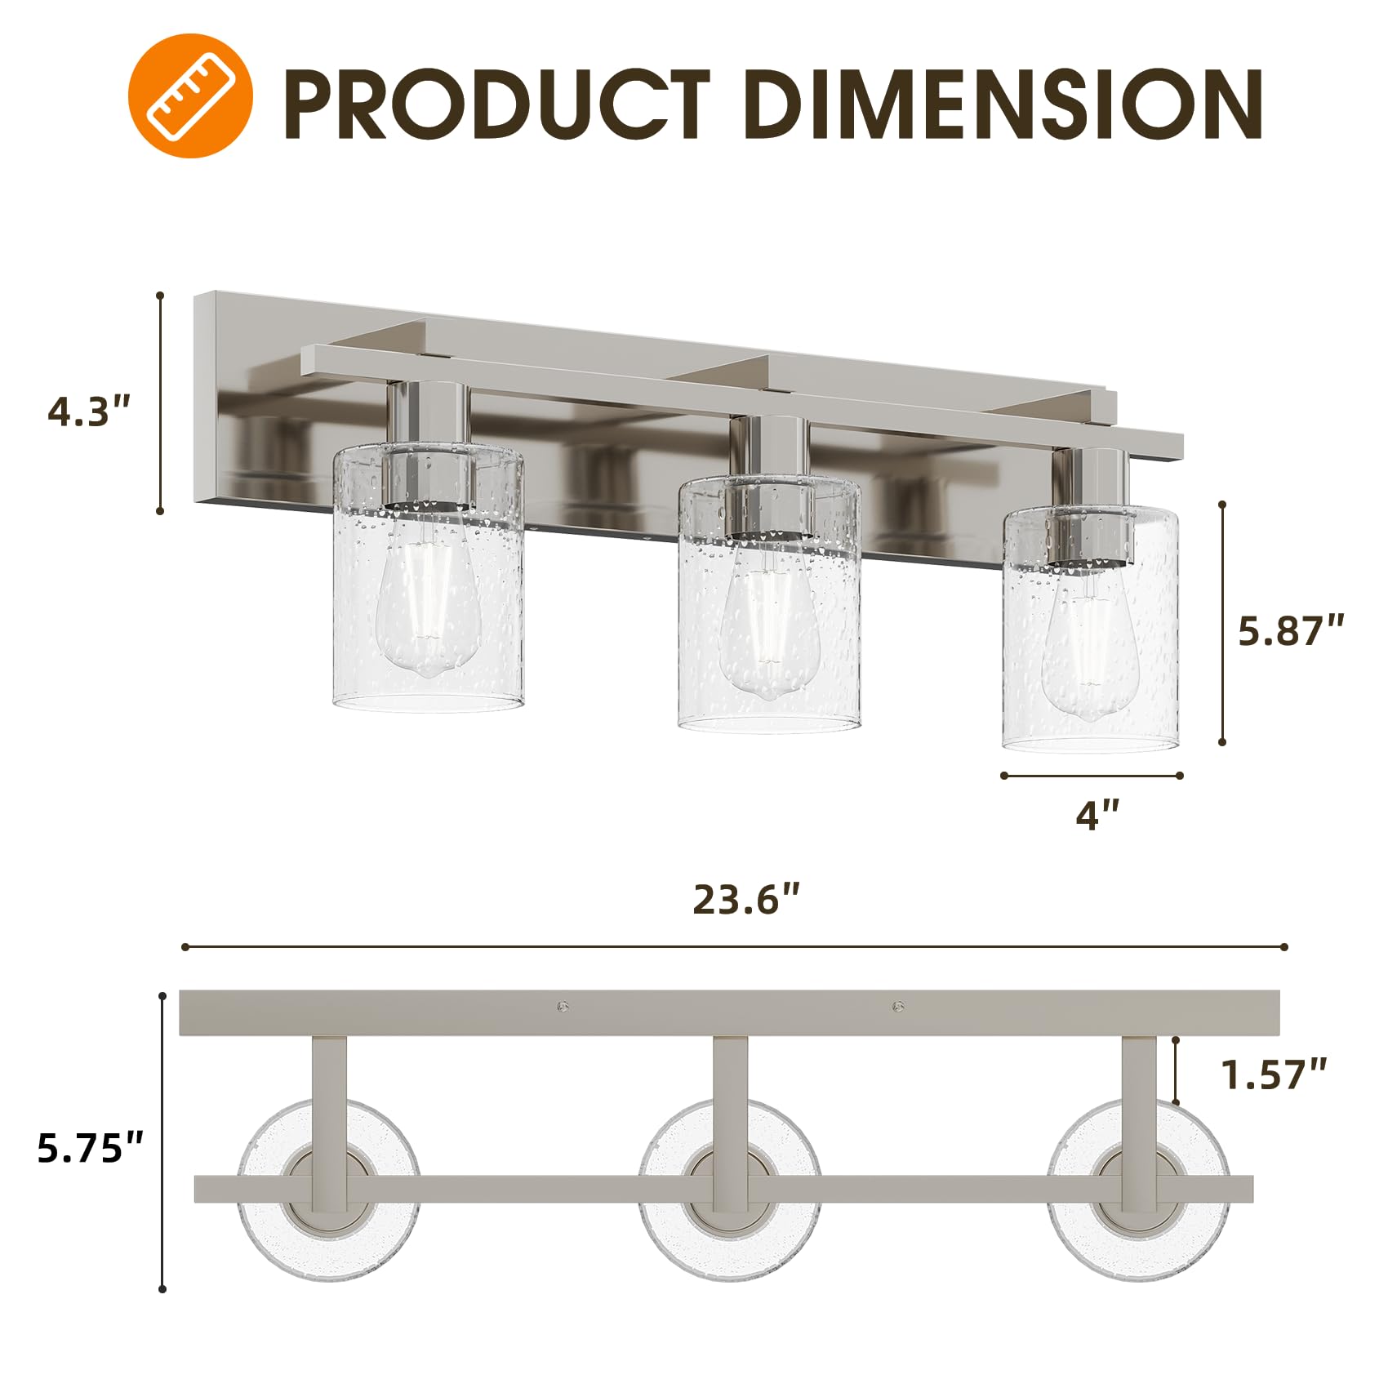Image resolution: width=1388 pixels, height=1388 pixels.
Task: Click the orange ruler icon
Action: coord(190,96)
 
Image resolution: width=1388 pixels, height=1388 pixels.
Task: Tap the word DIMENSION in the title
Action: coord(1003,105)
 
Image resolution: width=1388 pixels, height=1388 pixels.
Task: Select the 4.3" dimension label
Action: coord(89,412)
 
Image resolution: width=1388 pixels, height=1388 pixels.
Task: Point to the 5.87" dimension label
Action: coord(1290,631)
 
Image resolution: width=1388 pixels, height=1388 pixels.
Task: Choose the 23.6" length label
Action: coord(745,900)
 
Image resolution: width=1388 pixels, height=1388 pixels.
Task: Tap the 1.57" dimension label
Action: coord(1273,1074)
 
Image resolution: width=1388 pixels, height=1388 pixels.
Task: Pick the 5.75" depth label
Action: coord(91,1148)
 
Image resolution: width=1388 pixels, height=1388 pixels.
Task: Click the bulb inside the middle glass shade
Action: coord(768,629)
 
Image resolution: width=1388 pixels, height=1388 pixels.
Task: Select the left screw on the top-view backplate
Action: coord(563,1006)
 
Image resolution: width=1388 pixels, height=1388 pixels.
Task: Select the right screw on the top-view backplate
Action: coord(899,1006)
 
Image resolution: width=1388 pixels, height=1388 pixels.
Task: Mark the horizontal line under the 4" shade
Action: coord(1092,776)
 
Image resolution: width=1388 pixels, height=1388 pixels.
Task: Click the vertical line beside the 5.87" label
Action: coord(1221,624)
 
